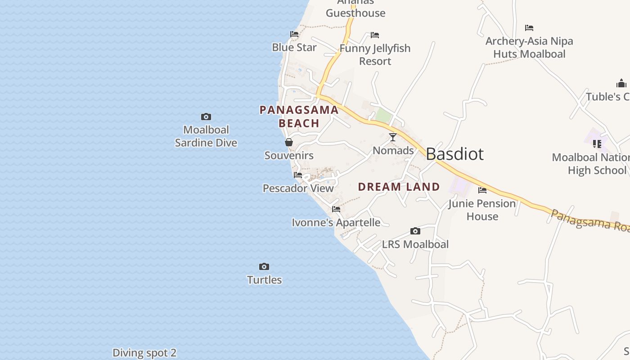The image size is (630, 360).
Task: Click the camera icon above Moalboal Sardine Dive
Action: (x=206, y=117)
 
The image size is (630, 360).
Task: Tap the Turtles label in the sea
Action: (x=265, y=280)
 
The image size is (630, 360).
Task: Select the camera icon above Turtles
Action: (x=264, y=267)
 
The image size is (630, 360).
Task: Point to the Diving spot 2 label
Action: (x=144, y=353)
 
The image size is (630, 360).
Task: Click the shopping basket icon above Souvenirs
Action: (x=289, y=143)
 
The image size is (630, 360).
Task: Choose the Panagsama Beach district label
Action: (x=299, y=117)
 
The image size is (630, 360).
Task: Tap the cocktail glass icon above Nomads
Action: (x=393, y=137)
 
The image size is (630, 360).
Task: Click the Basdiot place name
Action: (x=454, y=154)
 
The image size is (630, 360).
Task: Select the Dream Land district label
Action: (x=399, y=187)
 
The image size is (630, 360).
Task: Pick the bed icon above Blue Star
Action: (x=294, y=34)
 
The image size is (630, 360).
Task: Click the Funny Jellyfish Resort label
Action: (x=375, y=54)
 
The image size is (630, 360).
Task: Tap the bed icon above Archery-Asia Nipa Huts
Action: (x=529, y=28)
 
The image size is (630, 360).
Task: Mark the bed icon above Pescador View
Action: (x=298, y=175)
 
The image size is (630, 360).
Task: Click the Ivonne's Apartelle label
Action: (x=336, y=222)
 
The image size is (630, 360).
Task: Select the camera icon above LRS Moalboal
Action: (x=415, y=231)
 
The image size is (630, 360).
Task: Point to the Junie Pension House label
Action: (x=482, y=210)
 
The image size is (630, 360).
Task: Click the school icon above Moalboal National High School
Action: (x=597, y=144)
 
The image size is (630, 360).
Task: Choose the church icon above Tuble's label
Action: (x=621, y=83)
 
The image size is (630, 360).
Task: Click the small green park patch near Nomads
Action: (x=383, y=115)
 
